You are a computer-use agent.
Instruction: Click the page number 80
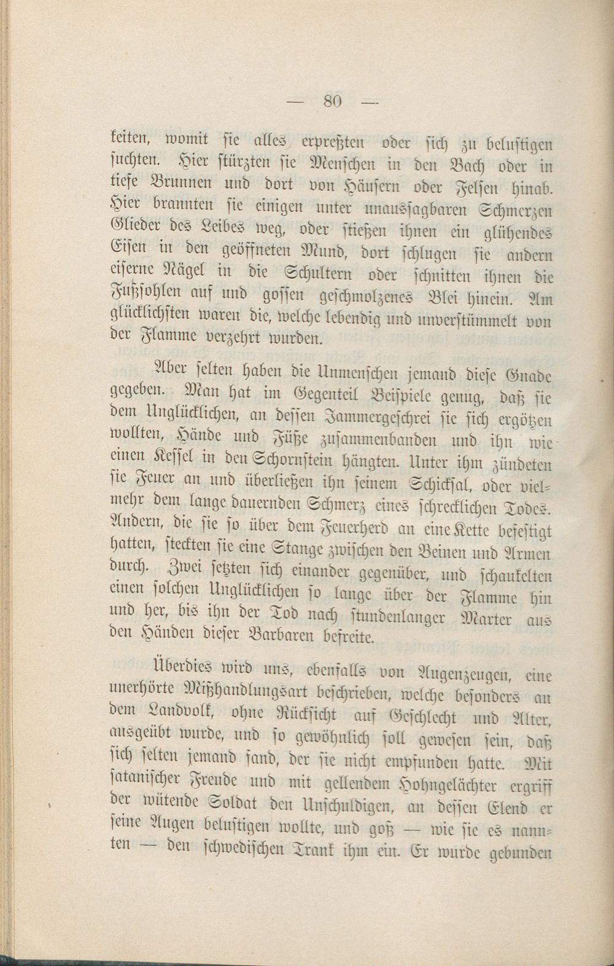coord(332,101)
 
